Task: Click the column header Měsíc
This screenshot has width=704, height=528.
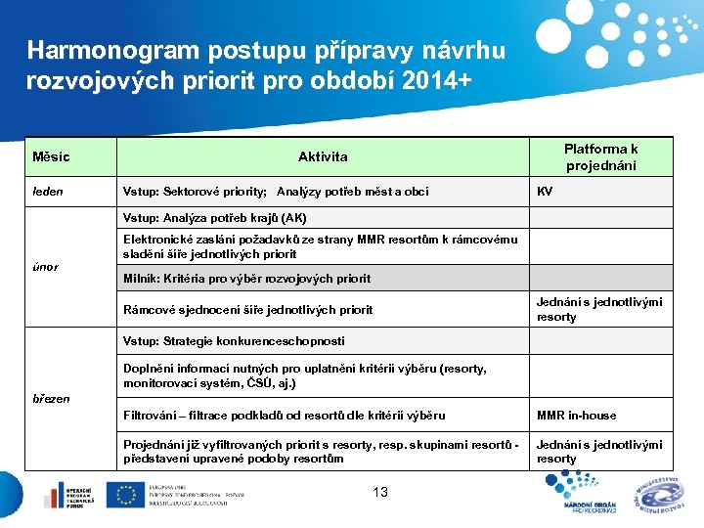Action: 51,157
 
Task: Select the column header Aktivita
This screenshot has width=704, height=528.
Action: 323,157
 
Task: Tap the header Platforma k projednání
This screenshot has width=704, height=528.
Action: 600,157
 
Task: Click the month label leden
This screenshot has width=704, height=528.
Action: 48,192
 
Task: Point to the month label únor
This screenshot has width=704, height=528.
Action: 45,267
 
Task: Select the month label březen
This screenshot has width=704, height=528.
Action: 51,399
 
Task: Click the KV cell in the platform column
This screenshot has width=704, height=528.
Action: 545,192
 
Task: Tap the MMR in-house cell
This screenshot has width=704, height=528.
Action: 576,416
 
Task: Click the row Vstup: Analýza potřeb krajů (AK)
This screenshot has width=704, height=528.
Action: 215,217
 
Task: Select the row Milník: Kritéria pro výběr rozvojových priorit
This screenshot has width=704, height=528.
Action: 246,279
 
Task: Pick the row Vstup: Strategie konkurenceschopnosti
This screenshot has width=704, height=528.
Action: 234,341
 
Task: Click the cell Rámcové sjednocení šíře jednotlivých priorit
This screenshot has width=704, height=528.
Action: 247,310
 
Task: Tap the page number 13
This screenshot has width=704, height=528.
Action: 380,493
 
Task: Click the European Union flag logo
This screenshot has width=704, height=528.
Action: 125,496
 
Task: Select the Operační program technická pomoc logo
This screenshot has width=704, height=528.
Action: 67,496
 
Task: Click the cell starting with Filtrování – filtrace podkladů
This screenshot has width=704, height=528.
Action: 284,416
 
